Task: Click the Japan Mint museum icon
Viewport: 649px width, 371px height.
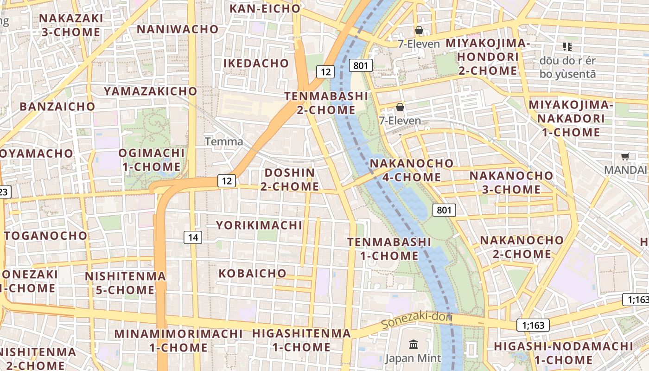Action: (413, 345)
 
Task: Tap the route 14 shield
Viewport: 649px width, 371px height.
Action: (193, 238)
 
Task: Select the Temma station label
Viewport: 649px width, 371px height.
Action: (224, 141)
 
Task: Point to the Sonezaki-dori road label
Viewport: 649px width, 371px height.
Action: (416, 320)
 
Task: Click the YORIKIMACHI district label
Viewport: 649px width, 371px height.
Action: (259, 225)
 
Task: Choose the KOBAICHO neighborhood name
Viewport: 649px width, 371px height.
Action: (252, 273)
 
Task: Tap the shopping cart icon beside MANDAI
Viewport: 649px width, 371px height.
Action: (625, 157)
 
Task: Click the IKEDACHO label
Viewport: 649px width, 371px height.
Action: (256, 63)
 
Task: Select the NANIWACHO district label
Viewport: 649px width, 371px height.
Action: (178, 29)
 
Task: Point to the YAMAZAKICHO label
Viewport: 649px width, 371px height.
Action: (151, 91)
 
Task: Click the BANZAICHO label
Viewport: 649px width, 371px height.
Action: (57, 106)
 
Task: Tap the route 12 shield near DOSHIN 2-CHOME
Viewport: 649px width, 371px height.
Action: (227, 181)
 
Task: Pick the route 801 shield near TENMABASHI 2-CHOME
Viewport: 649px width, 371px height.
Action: (360, 66)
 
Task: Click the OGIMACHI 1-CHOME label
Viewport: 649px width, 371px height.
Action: (151, 160)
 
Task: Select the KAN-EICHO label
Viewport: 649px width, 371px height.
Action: (265, 8)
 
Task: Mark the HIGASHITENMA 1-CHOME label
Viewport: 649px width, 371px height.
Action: (301, 340)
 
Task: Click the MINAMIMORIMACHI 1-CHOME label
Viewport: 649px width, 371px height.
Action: (178, 340)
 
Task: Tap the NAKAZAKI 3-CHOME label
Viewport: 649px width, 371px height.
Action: (70, 25)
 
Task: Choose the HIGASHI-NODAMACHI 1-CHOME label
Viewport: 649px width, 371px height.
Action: (563, 353)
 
